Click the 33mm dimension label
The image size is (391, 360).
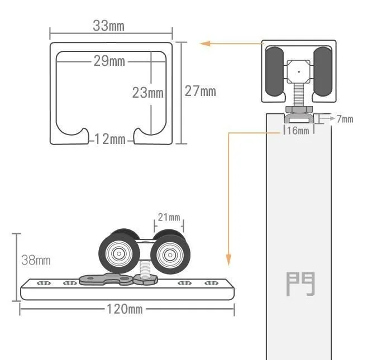click(x=108, y=26)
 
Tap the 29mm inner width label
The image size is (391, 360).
click(x=109, y=61)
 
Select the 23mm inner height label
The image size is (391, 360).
click(x=147, y=93)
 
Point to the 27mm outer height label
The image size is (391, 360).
click(x=200, y=91)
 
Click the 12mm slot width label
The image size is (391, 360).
click(x=110, y=139)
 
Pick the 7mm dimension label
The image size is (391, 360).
click(x=345, y=119)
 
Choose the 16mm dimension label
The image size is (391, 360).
click(x=298, y=131)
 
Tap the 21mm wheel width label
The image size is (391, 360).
click(x=169, y=217)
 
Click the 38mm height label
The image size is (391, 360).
click(x=36, y=260)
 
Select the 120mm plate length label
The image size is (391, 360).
click(x=125, y=309)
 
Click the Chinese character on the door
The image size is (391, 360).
click(x=301, y=284)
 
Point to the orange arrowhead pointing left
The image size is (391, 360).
click(x=205, y=44)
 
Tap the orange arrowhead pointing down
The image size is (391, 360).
click(x=228, y=260)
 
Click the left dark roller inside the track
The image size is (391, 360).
click(x=275, y=71)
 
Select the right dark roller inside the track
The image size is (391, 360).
click(x=323, y=71)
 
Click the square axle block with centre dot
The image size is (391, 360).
click(x=299, y=72)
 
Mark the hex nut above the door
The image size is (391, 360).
click(x=299, y=109)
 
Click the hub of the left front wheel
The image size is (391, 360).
click(x=119, y=254)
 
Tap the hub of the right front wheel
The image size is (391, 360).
click(x=170, y=255)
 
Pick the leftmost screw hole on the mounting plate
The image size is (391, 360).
click(x=44, y=283)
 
